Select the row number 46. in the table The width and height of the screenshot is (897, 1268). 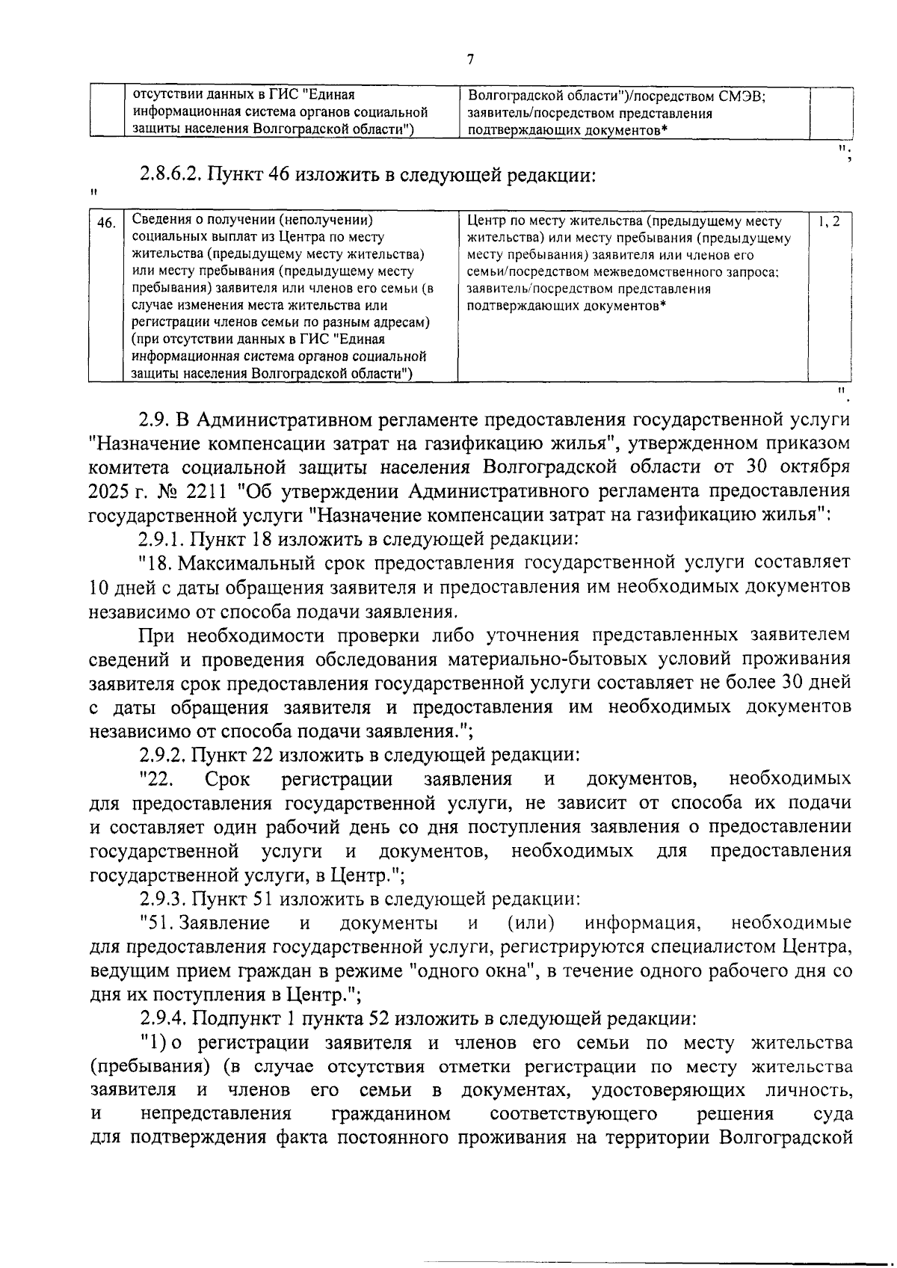[107, 222]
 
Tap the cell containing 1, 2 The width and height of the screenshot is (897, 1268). [830, 221]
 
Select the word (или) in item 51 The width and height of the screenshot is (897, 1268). [530, 923]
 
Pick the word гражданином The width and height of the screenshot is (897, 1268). [390, 1114]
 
